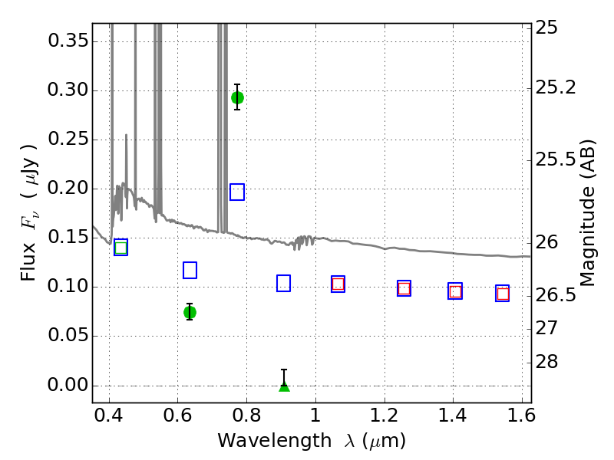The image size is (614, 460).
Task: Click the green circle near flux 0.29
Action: point(237,97)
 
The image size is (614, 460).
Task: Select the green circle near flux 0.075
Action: point(190,312)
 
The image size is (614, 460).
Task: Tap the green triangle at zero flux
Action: point(284,386)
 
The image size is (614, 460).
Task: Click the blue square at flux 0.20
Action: point(237,192)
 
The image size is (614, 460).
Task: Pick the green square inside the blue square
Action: point(121,248)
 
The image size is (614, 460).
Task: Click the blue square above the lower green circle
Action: point(190,271)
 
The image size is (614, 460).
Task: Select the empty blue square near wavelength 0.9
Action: point(283,283)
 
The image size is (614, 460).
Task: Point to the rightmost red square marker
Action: point(503,294)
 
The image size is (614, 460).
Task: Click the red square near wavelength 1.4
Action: point(455,291)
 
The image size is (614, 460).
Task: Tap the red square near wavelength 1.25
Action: point(404,289)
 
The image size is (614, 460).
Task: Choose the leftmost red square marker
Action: point(338,284)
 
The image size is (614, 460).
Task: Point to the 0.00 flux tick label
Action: point(68,385)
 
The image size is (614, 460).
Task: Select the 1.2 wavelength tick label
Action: point(385,415)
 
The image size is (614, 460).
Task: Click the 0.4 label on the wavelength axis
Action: point(109,415)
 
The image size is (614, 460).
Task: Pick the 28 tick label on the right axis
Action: point(546,361)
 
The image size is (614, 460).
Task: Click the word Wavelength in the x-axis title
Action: point(275,441)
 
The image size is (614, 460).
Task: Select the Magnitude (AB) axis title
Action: point(586,213)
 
